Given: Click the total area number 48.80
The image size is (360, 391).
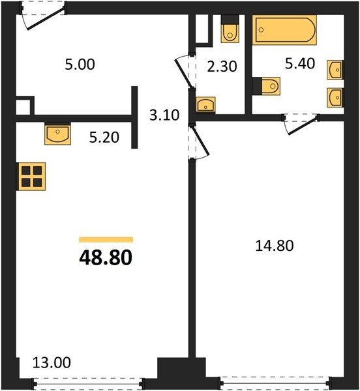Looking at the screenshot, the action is coord(106,257).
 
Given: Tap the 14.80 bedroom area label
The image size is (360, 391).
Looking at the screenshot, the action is coord(275,246).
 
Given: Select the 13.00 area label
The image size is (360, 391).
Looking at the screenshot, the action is coord(52,362).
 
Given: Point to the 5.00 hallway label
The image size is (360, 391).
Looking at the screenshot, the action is coord(80,65).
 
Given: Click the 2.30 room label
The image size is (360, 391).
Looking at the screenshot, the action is coord(222,66).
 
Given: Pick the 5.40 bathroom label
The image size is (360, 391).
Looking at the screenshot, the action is coord(300,63).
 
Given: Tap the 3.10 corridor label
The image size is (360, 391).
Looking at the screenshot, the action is coord(164,115).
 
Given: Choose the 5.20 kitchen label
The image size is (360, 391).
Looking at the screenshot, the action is coord(104,138).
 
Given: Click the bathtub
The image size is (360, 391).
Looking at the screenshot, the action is coord(284,30).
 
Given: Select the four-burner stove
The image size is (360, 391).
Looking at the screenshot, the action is coord(31,177).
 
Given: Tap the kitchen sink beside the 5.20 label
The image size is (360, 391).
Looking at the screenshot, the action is coord(57,134).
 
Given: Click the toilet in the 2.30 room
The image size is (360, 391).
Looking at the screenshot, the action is coord(230,29).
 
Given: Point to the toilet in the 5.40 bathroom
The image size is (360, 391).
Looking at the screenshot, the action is coord(266,86).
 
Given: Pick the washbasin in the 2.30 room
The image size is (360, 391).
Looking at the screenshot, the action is coord(205,104).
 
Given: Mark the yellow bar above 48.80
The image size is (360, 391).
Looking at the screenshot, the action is coord(106,240).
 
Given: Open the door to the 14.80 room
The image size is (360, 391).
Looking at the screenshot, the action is coord(199,141).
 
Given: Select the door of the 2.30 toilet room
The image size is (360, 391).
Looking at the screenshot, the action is coord(185,72).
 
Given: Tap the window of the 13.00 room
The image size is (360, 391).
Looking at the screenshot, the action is coord(88,383).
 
